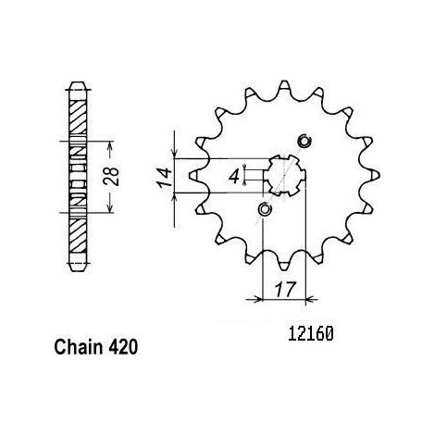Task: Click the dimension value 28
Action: coord(111,177)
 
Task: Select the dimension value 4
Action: coord(234,177)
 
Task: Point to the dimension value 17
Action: coord(284,289)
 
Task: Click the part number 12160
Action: coord(311,334)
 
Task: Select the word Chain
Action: coord(79,347)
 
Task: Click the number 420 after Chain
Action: coord(123,347)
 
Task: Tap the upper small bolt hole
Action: coord(304,142)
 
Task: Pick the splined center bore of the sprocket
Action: coord(284,176)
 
